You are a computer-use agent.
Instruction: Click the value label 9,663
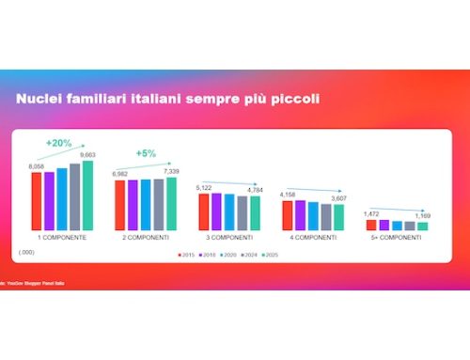click(x=87, y=156)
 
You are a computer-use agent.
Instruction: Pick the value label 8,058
click(x=38, y=165)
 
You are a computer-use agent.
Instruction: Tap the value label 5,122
click(x=206, y=189)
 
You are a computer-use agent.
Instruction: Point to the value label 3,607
click(x=340, y=199)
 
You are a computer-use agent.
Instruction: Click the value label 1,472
click(x=372, y=215)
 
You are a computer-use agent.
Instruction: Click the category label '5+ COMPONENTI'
click(x=397, y=239)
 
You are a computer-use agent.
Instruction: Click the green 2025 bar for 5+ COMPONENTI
click(x=422, y=227)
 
